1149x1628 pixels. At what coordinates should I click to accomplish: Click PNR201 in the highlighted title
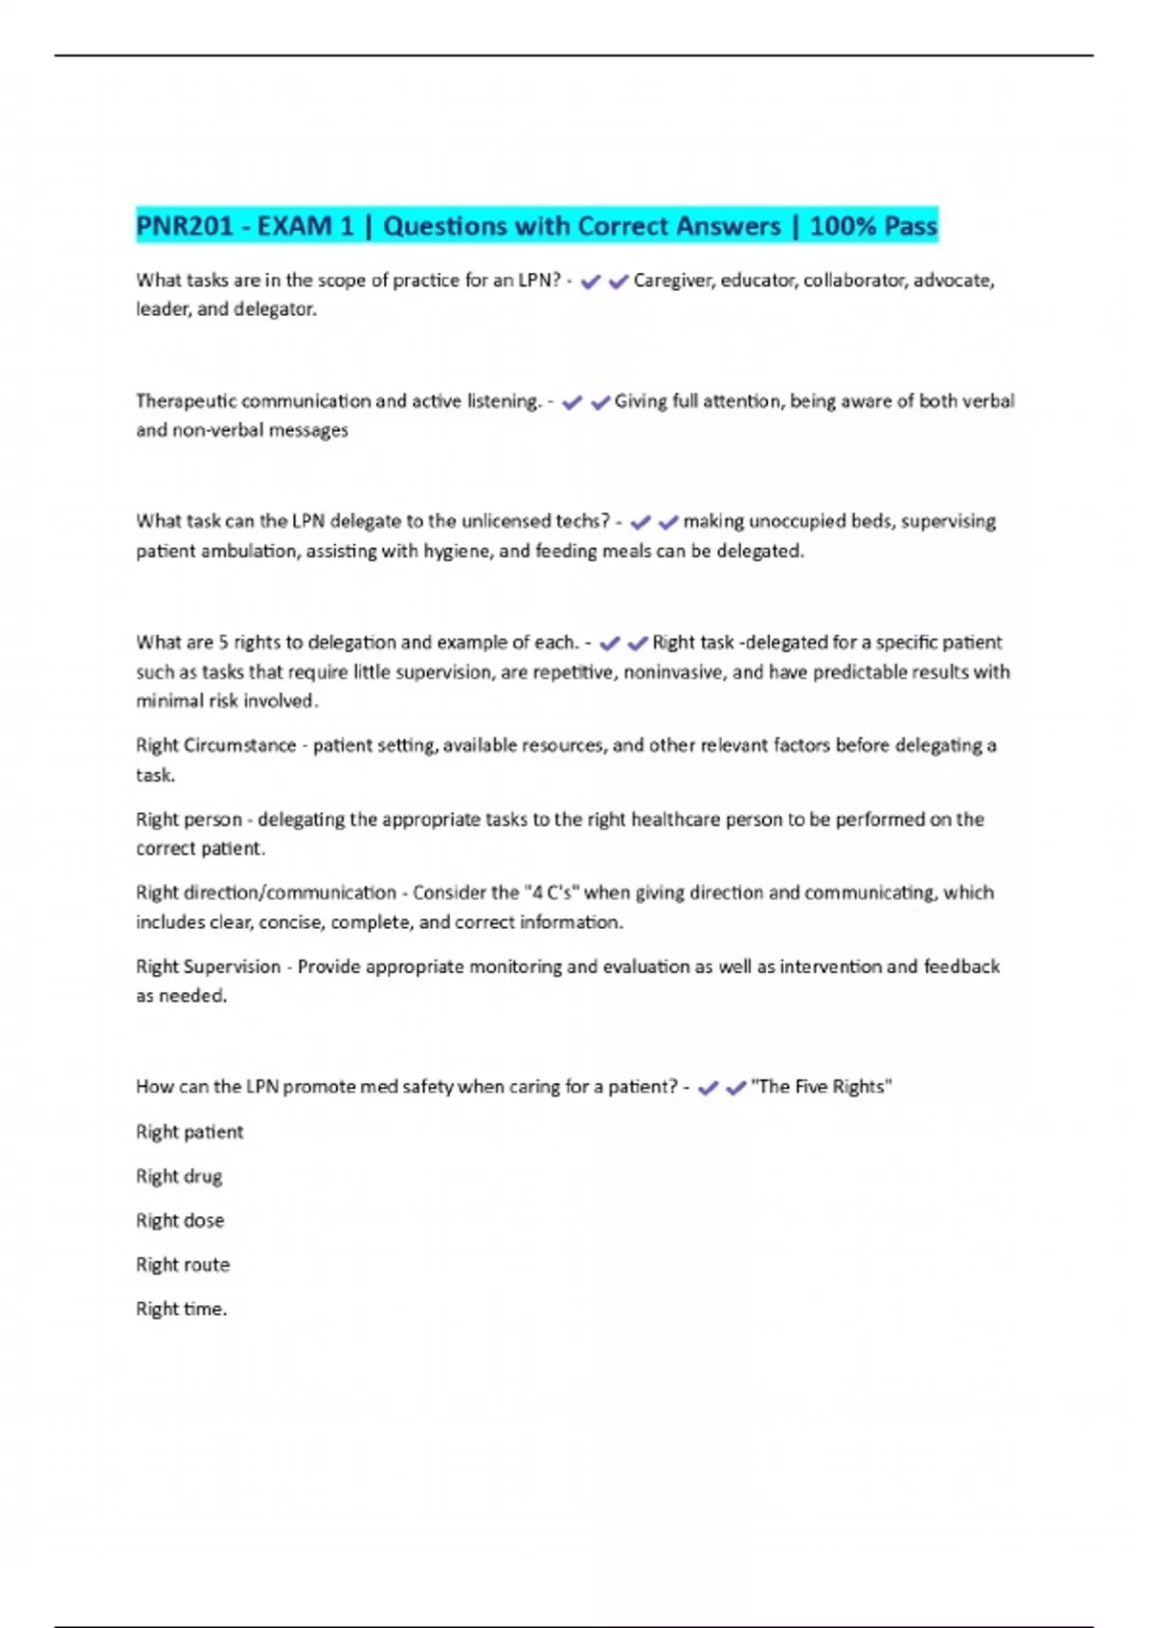(185, 226)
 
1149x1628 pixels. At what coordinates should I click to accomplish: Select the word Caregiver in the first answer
(673, 281)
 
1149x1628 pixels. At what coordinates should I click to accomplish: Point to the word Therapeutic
(186, 401)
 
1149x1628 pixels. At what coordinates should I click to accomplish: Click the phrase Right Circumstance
(215, 745)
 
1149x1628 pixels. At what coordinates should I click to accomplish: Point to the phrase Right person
(190, 819)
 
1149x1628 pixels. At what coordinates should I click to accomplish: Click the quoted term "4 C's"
(552, 893)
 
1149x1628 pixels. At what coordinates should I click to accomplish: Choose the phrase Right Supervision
(208, 966)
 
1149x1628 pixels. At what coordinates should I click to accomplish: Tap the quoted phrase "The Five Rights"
(822, 1087)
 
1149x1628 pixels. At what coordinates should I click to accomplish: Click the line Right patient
(190, 1132)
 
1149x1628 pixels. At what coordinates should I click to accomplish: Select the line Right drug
(179, 1176)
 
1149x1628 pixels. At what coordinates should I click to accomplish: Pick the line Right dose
(180, 1220)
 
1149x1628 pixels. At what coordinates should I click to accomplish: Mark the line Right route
(183, 1264)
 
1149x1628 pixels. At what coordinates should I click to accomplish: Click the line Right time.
(181, 1308)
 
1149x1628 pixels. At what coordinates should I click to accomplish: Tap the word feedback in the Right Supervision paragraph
(961, 966)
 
